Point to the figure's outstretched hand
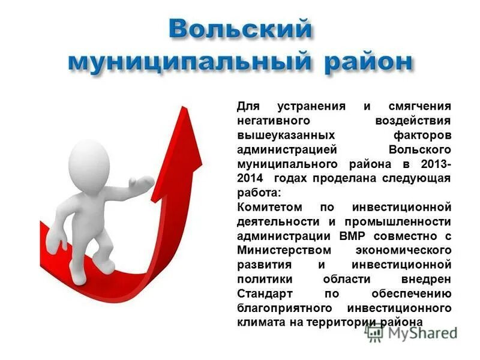click(x=145, y=181)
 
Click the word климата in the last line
click(x=259, y=323)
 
